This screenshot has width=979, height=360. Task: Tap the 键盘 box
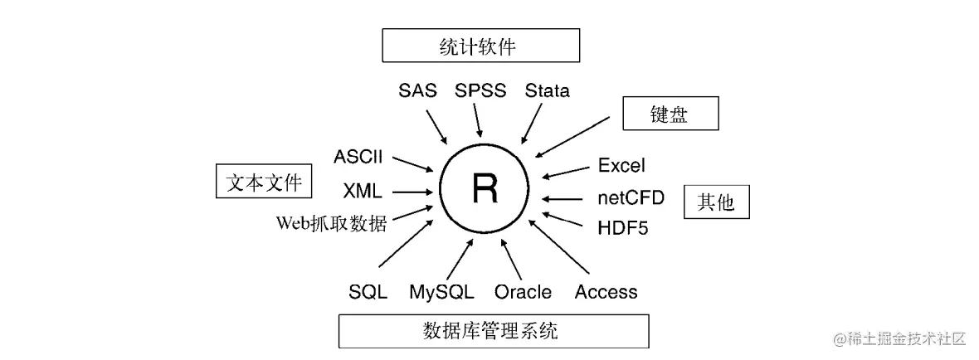(x=670, y=114)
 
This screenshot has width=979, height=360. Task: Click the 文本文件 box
(x=264, y=182)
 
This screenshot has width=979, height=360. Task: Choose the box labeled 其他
(x=717, y=202)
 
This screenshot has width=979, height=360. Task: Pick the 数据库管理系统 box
(x=494, y=332)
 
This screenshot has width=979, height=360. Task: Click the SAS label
(x=417, y=90)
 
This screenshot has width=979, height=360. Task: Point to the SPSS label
(x=480, y=90)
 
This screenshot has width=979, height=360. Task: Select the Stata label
(x=548, y=90)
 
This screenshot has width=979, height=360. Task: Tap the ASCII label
(x=359, y=157)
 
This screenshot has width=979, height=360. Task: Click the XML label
(x=363, y=192)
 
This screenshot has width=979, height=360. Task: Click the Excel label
(x=621, y=166)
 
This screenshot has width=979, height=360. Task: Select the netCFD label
(x=631, y=197)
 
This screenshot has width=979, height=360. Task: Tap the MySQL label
(x=441, y=292)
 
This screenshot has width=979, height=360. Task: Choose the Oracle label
(x=523, y=292)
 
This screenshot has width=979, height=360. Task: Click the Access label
(x=606, y=292)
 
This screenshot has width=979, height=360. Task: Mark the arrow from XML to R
(x=412, y=192)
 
